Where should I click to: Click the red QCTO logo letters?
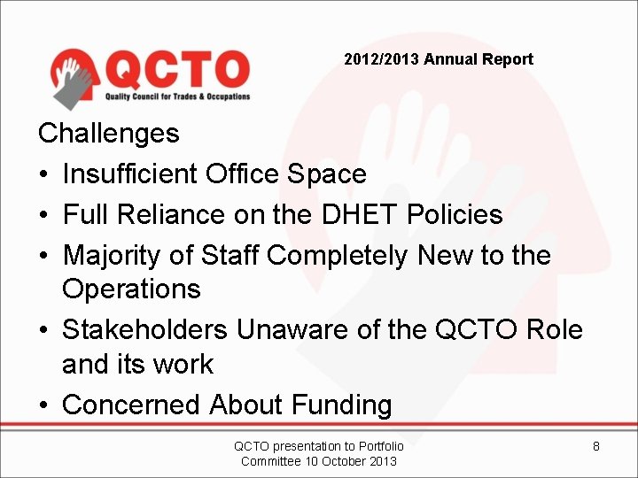(178, 69)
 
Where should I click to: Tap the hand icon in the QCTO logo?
(74, 79)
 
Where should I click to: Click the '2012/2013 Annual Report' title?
(439, 59)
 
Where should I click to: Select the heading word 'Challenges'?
(108, 134)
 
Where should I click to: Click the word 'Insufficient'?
(130, 173)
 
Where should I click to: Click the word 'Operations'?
(131, 289)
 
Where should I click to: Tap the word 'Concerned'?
(132, 405)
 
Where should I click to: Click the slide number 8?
(596, 446)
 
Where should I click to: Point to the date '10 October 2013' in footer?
(350, 460)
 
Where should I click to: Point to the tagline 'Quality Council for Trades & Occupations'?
(177, 96)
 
